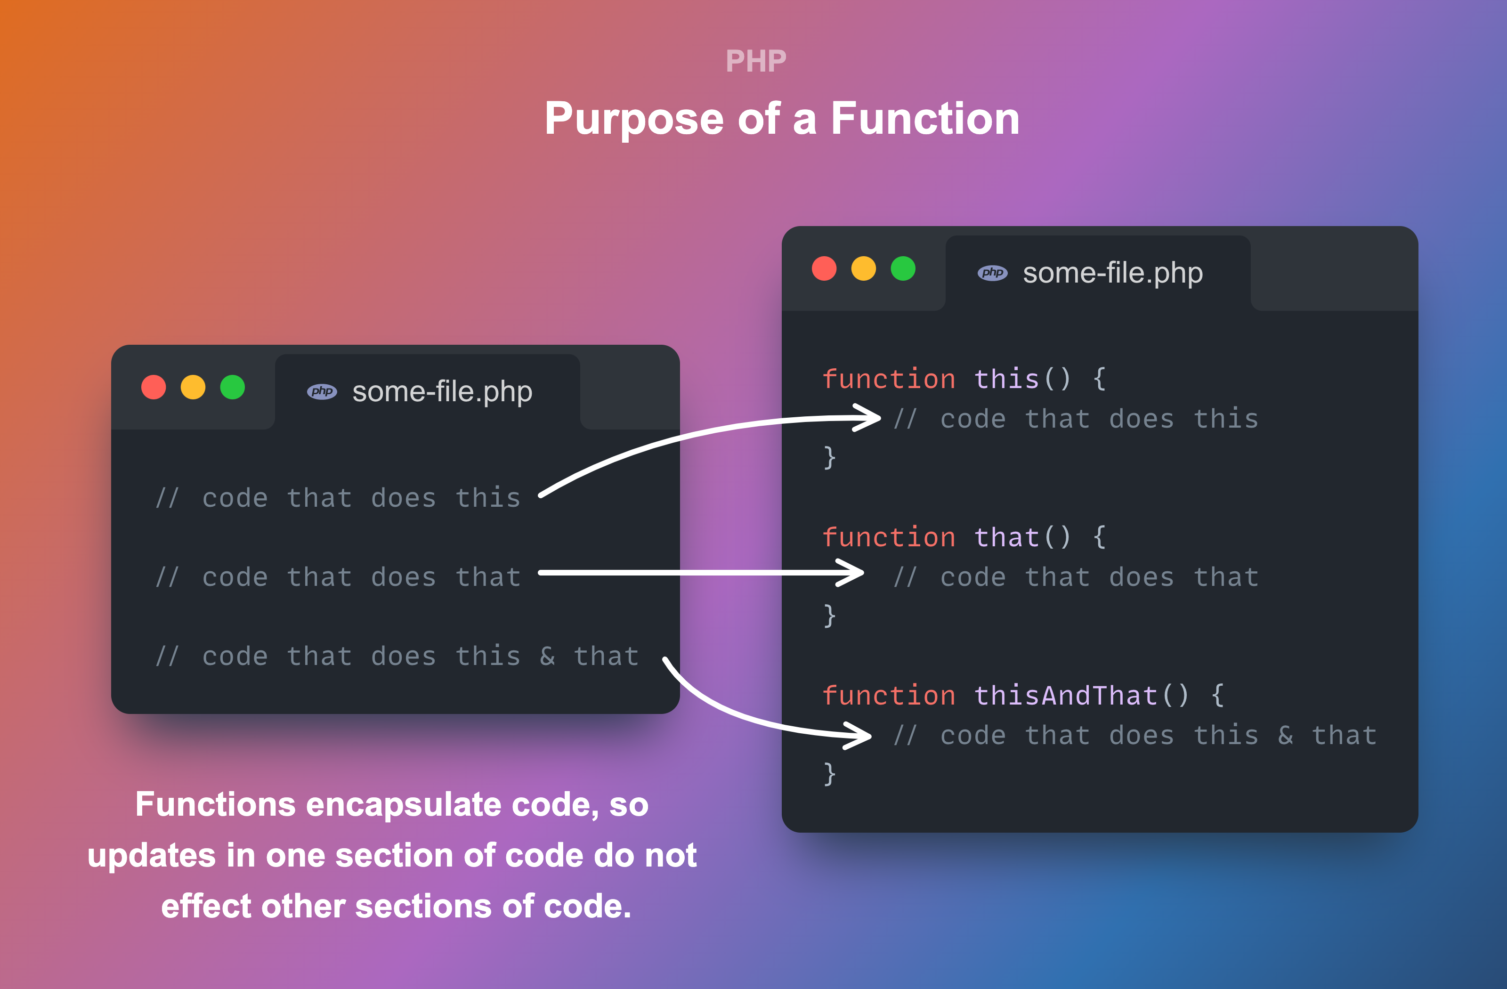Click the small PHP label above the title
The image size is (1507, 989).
[756, 61]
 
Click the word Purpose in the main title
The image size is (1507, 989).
[634, 120]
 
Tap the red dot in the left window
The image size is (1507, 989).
[153, 387]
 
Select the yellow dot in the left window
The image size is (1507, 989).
[193, 387]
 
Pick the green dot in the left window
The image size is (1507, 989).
[232, 387]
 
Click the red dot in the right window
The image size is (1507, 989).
[824, 268]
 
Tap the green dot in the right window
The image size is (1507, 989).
[903, 268]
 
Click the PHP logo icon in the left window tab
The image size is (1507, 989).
[322, 391]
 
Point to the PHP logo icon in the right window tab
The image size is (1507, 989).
[992, 273]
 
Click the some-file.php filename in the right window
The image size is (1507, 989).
[1112, 273]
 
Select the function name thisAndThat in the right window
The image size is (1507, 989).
[1066, 695]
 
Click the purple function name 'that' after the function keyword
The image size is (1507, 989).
[1006, 537]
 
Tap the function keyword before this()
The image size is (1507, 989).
[888, 379]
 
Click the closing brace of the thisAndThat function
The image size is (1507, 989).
[829, 774]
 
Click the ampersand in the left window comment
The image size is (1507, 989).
[547, 656]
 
